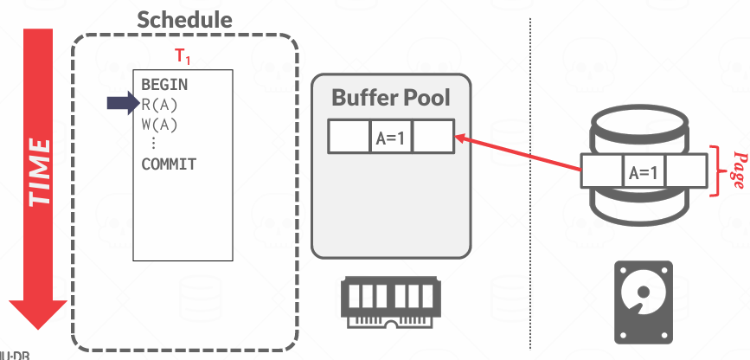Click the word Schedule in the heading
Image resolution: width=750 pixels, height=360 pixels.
tap(185, 20)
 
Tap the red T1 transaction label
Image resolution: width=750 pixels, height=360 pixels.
tap(183, 57)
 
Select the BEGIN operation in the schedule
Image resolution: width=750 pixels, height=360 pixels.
tap(164, 86)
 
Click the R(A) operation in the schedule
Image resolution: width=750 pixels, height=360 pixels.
tap(159, 105)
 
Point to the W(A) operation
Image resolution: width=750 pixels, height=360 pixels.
tap(159, 124)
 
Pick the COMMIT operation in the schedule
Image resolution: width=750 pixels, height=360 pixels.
tap(169, 164)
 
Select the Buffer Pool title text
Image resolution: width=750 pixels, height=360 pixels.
tap(391, 97)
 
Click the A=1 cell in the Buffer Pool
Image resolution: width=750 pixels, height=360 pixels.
tap(391, 137)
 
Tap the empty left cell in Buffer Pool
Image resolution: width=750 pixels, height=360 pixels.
tap(349, 137)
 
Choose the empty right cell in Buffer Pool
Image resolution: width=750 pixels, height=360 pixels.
tap(433, 137)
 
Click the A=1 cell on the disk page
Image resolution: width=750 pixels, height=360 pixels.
tap(643, 172)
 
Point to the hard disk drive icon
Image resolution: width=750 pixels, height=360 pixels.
tap(643, 302)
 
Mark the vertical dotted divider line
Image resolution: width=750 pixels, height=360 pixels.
tap(529, 173)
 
